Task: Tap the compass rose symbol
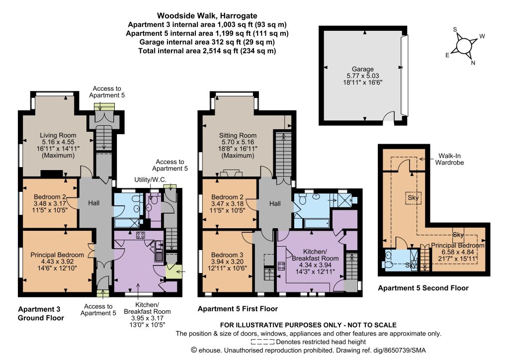pos(464,45)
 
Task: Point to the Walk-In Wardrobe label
pos(449,159)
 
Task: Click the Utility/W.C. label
pos(150,180)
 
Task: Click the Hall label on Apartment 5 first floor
pos(275,203)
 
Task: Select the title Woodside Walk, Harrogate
pos(207,15)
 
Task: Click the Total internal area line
pos(207,51)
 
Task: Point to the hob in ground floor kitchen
pos(141,235)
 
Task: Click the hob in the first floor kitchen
pos(281,266)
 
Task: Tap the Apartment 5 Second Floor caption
pos(424,288)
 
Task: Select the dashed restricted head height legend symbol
pos(262,342)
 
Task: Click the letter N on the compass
pos(473,63)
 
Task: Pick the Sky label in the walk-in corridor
pos(413,198)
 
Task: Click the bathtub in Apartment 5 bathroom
pos(317,223)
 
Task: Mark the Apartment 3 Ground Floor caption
pos(41,314)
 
